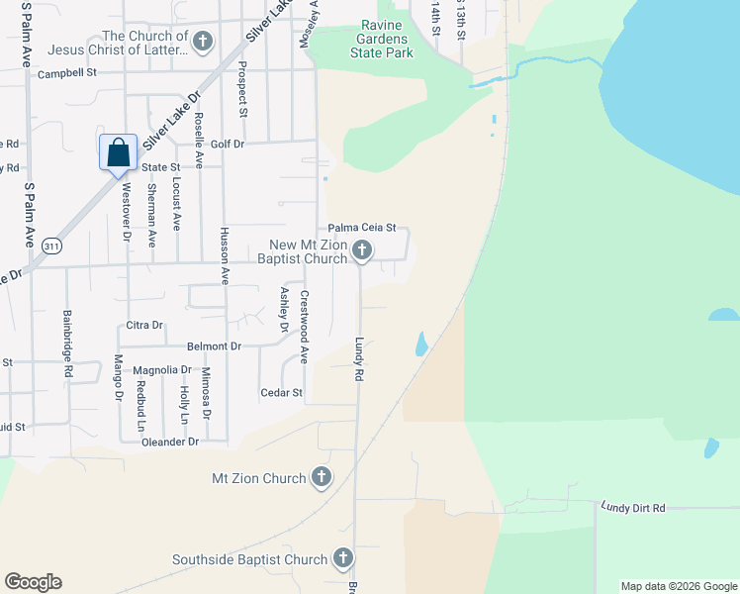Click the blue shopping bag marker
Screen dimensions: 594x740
pyautogui.click(x=118, y=153)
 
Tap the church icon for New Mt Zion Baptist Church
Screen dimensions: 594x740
pyautogui.click(x=362, y=250)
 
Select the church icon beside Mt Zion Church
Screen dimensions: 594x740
pyautogui.click(x=321, y=478)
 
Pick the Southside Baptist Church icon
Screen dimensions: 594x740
pyautogui.click(x=342, y=559)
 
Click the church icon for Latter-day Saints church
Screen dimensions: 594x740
pyautogui.click(x=204, y=43)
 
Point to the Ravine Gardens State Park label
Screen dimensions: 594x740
pyautogui.click(x=387, y=40)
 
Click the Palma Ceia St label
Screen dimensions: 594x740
pyautogui.click(x=362, y=227)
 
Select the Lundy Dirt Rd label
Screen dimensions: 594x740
pyautogui.click(x=633, y=507)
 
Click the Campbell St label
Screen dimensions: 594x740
pyautogui.click(x=67, y=73)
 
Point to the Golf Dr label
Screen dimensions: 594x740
pyautogui.click(x=227, y=145)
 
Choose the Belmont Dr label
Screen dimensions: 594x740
pyautogui.click(x=214, y=346)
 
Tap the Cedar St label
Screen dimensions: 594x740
pyautogui.click(x=281, y=393)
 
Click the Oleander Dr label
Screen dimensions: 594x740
pyautogui.click(x=171, y=442)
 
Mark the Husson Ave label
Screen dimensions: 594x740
pyautogui.click(x=225, y=263)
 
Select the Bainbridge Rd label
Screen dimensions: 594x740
pyautogui.click(x=68, y=330)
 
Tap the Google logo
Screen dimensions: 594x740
pyautogui.click(x=33, y=582)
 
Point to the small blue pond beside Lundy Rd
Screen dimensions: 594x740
pyautogui.click(x=420, y=344)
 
